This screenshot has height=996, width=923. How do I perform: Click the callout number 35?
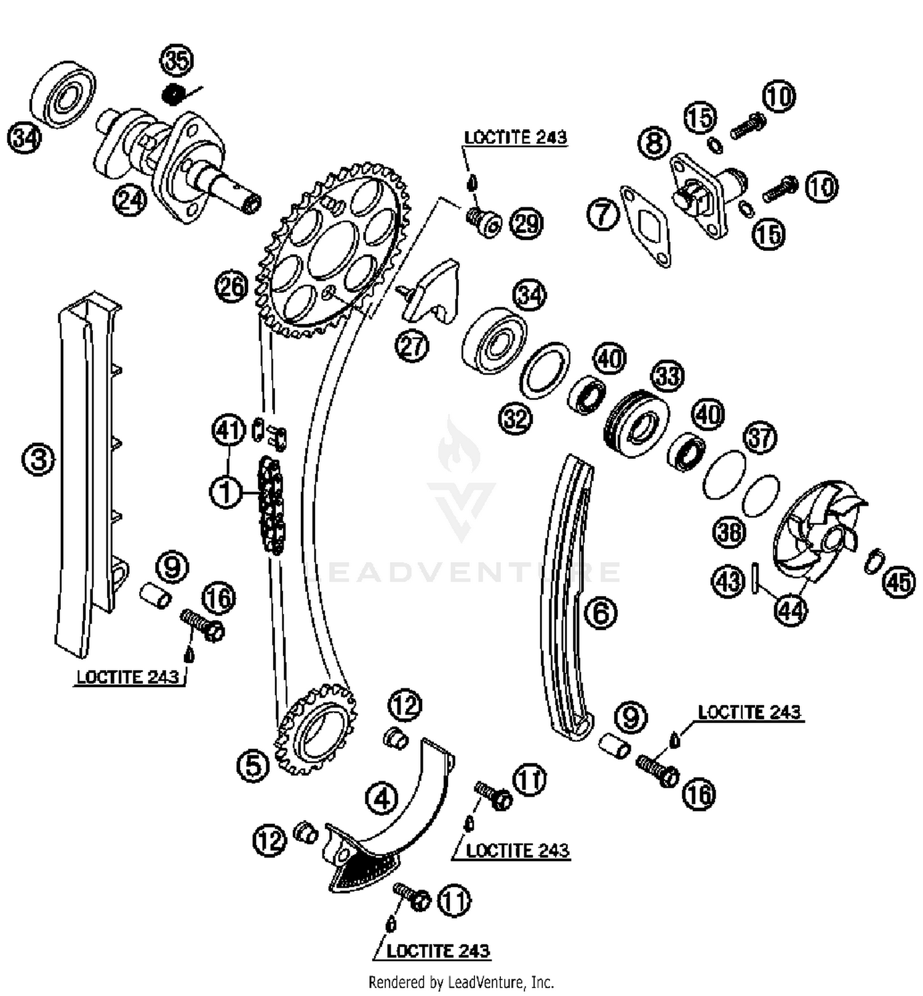177,60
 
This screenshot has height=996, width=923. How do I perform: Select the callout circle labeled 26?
231,287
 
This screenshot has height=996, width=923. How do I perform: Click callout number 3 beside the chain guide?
38,459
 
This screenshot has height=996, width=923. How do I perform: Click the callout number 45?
899,581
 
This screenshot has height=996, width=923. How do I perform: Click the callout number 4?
382,799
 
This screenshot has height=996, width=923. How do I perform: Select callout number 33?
668,376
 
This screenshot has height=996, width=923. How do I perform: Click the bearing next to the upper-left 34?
63,94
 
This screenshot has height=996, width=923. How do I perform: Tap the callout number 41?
229,430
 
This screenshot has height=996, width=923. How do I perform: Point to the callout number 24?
129,201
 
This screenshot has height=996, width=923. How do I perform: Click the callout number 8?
653,143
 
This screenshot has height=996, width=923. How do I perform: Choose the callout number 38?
729,532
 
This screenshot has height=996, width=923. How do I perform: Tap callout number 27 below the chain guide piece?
412,346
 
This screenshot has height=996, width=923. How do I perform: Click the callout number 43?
728,580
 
